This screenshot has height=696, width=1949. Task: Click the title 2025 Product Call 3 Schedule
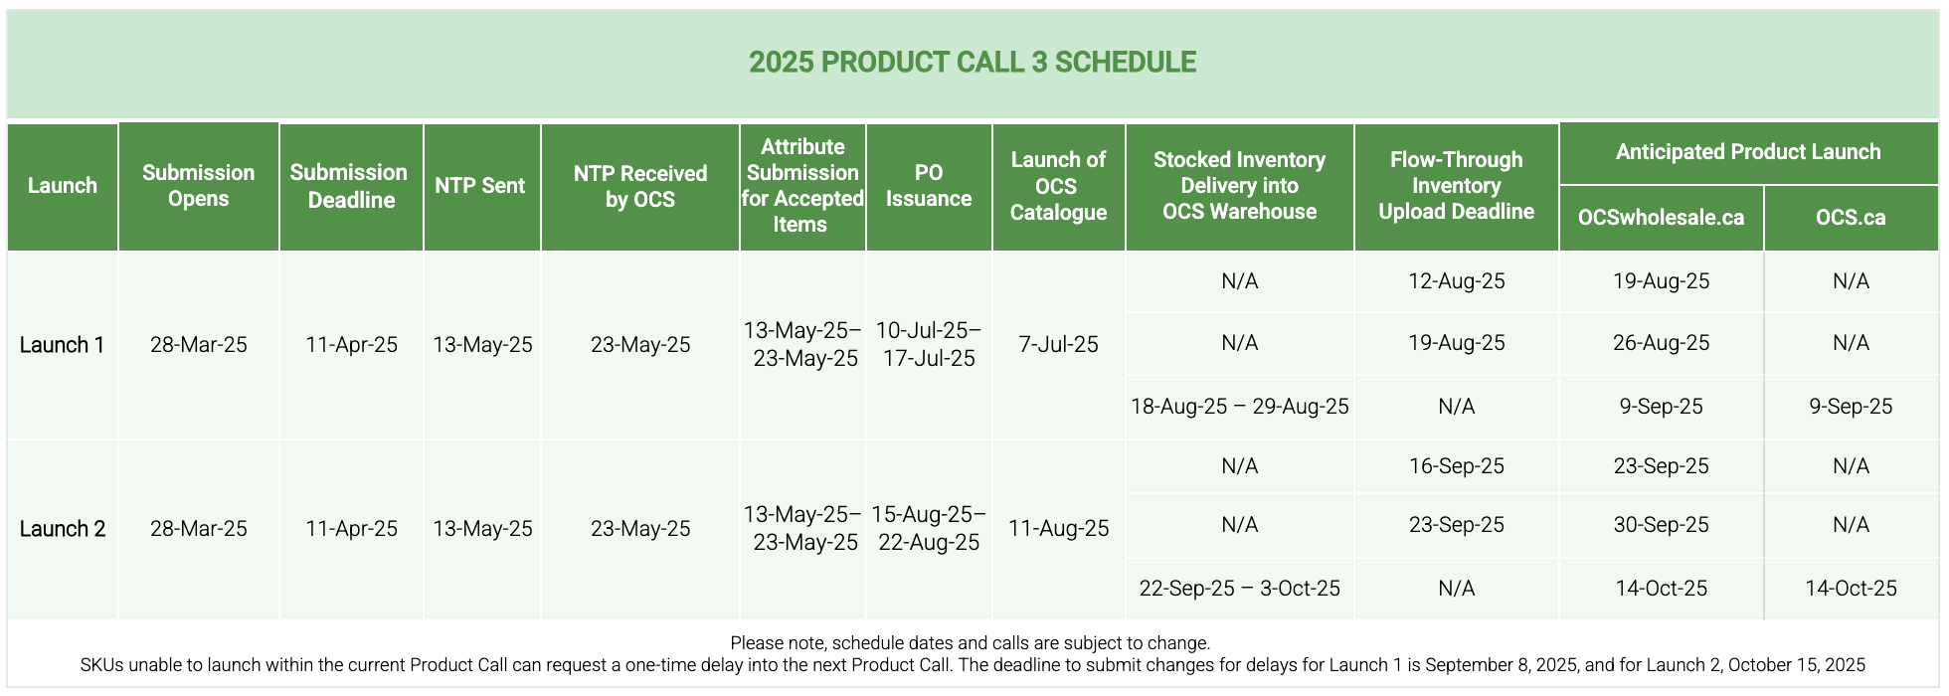pyautogui.click(x=973, y=62)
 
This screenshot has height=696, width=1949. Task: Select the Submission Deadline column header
pyautogui.click(x=350, y=186)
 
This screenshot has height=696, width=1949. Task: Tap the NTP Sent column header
pyautogui.click(x=480, y=186)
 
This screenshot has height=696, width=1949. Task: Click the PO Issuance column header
pyautogui.click(x=929, y=186)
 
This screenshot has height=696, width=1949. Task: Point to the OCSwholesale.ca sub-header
pyautogui.click(x=1661, y=218)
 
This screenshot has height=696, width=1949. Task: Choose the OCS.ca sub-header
pyautogui.click(x=1851, y=218)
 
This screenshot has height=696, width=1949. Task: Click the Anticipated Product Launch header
pyautogui.click(x=1748, y=152)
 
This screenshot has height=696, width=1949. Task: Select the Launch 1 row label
pyautogui.click(x=62, y=345)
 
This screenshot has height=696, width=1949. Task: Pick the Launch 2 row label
pyautogui.click(x=62, y=529)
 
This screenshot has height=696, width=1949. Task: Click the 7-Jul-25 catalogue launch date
pyautogui.click(x=1058, y=345)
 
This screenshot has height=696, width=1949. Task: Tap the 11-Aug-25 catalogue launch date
pyautogui.click(x=1058, y=529)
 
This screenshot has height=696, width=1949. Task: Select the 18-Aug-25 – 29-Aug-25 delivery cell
pyautogui.click(x=1240, y=407)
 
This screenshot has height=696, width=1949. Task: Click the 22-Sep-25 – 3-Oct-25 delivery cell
pyautogui.click(x=1240, y=589)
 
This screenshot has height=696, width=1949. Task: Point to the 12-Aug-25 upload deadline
pyautogui.click(x=1457, y=281)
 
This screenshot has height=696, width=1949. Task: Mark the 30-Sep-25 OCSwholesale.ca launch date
pyautogui.click(x=1661, y=525)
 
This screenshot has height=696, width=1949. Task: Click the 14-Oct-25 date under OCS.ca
pyautogui.click(x=1851, y=589)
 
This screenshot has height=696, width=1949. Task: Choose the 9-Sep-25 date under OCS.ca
pyautogui.click(x=1851, y=407)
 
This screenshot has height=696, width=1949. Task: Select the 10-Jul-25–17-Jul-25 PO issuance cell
pyautogui.click(x=929, y=344)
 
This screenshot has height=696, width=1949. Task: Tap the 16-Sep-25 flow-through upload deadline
pyautogui.click(x=1457, y=466)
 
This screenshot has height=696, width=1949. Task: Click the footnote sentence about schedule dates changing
pyautogui.click(x=971, y=643)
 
